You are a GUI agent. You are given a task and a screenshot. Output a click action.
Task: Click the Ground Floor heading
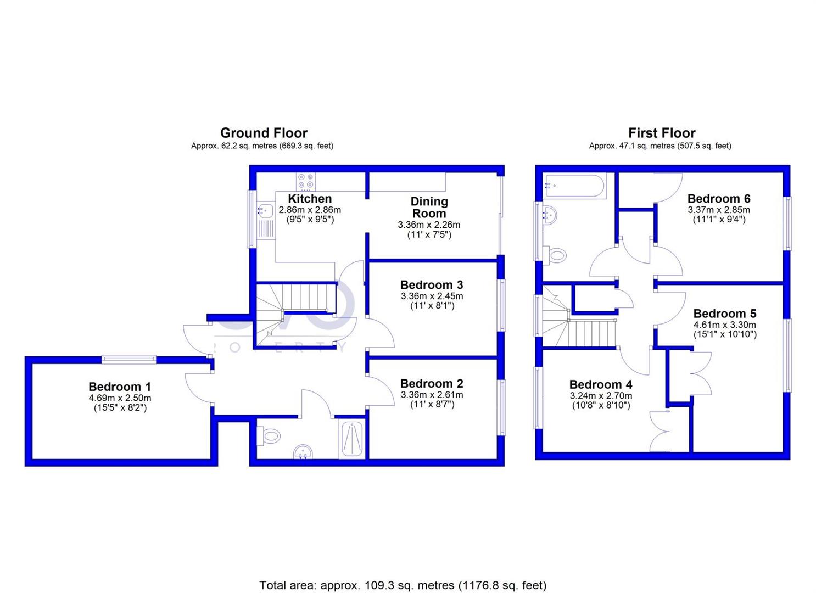(264, 133)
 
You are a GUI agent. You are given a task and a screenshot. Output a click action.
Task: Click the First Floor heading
(662, 133)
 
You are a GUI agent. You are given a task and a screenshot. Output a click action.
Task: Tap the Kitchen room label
(310, 199)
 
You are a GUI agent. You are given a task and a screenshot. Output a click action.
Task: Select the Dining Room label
(429, 208)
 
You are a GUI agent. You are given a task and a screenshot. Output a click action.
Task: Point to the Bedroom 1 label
(120, 387)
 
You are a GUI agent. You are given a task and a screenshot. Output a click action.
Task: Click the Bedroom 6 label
(719, 199)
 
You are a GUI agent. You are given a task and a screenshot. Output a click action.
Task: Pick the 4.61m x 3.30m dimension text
(725, 325)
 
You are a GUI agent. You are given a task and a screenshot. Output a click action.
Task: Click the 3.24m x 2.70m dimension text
(601, 395)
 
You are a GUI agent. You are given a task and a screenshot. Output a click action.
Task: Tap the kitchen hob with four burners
(306, 182)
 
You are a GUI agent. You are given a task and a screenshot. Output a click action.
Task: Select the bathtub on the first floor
(574, 186)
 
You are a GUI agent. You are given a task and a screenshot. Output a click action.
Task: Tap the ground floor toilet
(269, 437)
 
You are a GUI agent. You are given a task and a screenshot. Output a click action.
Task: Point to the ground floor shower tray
(352, 439)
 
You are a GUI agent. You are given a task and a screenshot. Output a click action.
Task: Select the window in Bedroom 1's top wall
(128, 359)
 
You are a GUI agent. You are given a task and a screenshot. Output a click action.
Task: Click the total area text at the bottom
(403, 585)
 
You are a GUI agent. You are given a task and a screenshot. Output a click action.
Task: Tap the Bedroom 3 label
(432, 285)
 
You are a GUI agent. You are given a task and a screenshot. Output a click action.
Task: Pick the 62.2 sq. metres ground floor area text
(262, 146)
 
